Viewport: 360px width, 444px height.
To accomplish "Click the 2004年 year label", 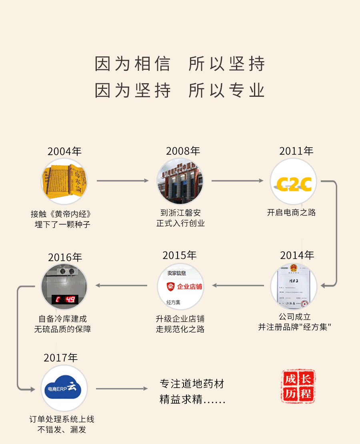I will (x=64, y=152).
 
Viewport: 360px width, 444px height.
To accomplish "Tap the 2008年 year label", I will (x=183, y=151).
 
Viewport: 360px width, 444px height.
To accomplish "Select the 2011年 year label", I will (x=296, y=151).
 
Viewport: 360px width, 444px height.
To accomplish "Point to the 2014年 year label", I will (x=297, y=255).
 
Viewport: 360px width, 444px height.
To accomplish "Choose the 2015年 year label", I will (x=180, y=255).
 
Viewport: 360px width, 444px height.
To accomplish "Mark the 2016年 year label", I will (x=65, y=257).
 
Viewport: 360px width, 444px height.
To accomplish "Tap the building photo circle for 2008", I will (x=180, y=181).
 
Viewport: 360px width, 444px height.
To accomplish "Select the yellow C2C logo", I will (x=294, y=184).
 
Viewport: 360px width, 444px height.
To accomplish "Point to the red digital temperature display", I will (x=65, y=299).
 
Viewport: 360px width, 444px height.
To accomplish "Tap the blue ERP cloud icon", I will (x=64, y=388).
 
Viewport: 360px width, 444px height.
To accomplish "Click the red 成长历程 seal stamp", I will (x=298, y=386).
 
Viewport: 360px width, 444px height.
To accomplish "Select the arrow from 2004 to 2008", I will (x=122, y=181).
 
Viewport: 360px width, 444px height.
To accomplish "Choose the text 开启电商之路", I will (x=292, y=212).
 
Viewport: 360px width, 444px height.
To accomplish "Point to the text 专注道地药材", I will (x=192, y=384).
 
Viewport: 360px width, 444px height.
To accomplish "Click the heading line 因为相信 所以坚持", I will (x=180, y=64).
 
